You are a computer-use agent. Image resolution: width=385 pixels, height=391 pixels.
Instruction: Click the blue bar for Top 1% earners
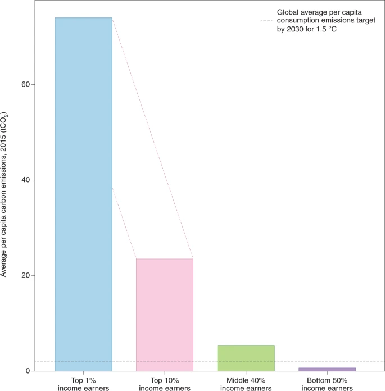coord(84,194)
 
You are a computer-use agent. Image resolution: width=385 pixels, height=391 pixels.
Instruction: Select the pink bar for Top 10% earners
coord(165,315)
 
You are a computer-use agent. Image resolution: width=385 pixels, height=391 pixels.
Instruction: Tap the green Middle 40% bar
coord(246,358)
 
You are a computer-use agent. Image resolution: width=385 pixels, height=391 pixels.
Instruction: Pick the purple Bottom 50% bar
coord(327,369)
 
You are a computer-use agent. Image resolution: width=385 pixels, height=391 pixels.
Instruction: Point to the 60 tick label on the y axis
coord(25,84)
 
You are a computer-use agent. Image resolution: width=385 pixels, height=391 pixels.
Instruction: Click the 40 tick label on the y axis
coord(25,180)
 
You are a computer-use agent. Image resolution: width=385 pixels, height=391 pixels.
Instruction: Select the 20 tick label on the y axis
coord(25,275)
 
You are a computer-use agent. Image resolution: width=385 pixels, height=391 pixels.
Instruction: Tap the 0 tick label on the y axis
coord(28,371)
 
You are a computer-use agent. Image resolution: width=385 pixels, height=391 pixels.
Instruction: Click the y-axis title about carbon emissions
coord(4,194)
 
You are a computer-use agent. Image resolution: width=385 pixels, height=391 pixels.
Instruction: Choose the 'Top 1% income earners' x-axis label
coord(84,384)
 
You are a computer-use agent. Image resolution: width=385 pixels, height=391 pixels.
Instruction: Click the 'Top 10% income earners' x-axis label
coord(165,384)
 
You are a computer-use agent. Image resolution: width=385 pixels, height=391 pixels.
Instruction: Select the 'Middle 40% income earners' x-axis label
coord(246,384)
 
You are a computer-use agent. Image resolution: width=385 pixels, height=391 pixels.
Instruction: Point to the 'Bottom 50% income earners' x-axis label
coord(327,384)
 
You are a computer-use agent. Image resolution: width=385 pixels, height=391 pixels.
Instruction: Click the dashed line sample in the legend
coord(266,21)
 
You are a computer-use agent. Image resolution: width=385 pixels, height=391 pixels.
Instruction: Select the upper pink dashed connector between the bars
coord(153,138)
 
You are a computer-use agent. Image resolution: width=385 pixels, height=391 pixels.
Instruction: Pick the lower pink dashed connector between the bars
coord(124,223)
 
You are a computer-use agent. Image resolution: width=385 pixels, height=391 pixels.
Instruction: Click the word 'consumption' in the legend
coord(296,21)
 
